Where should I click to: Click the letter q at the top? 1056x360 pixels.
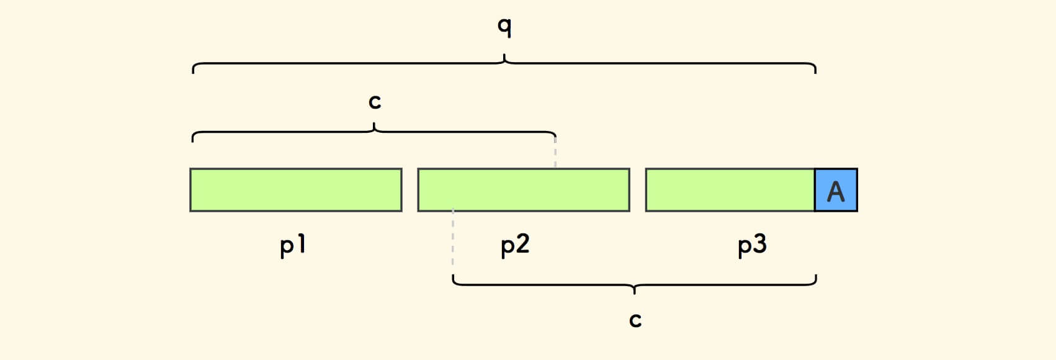[504, 27]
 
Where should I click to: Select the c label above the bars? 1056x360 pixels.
[374, 101]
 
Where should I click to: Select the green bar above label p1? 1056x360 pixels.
[296, 190]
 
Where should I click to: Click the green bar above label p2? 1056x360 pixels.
[524, 190]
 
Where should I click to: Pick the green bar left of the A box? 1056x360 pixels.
[730, 190]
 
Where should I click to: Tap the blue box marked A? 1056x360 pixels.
[836, 190]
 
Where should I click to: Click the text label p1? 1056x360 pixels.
[293, 246]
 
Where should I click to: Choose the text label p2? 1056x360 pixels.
[515, 246]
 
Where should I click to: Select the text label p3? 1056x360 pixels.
[752, 246]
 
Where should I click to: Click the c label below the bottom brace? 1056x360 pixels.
[635, 320]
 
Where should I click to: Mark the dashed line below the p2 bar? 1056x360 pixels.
[453, 242]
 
